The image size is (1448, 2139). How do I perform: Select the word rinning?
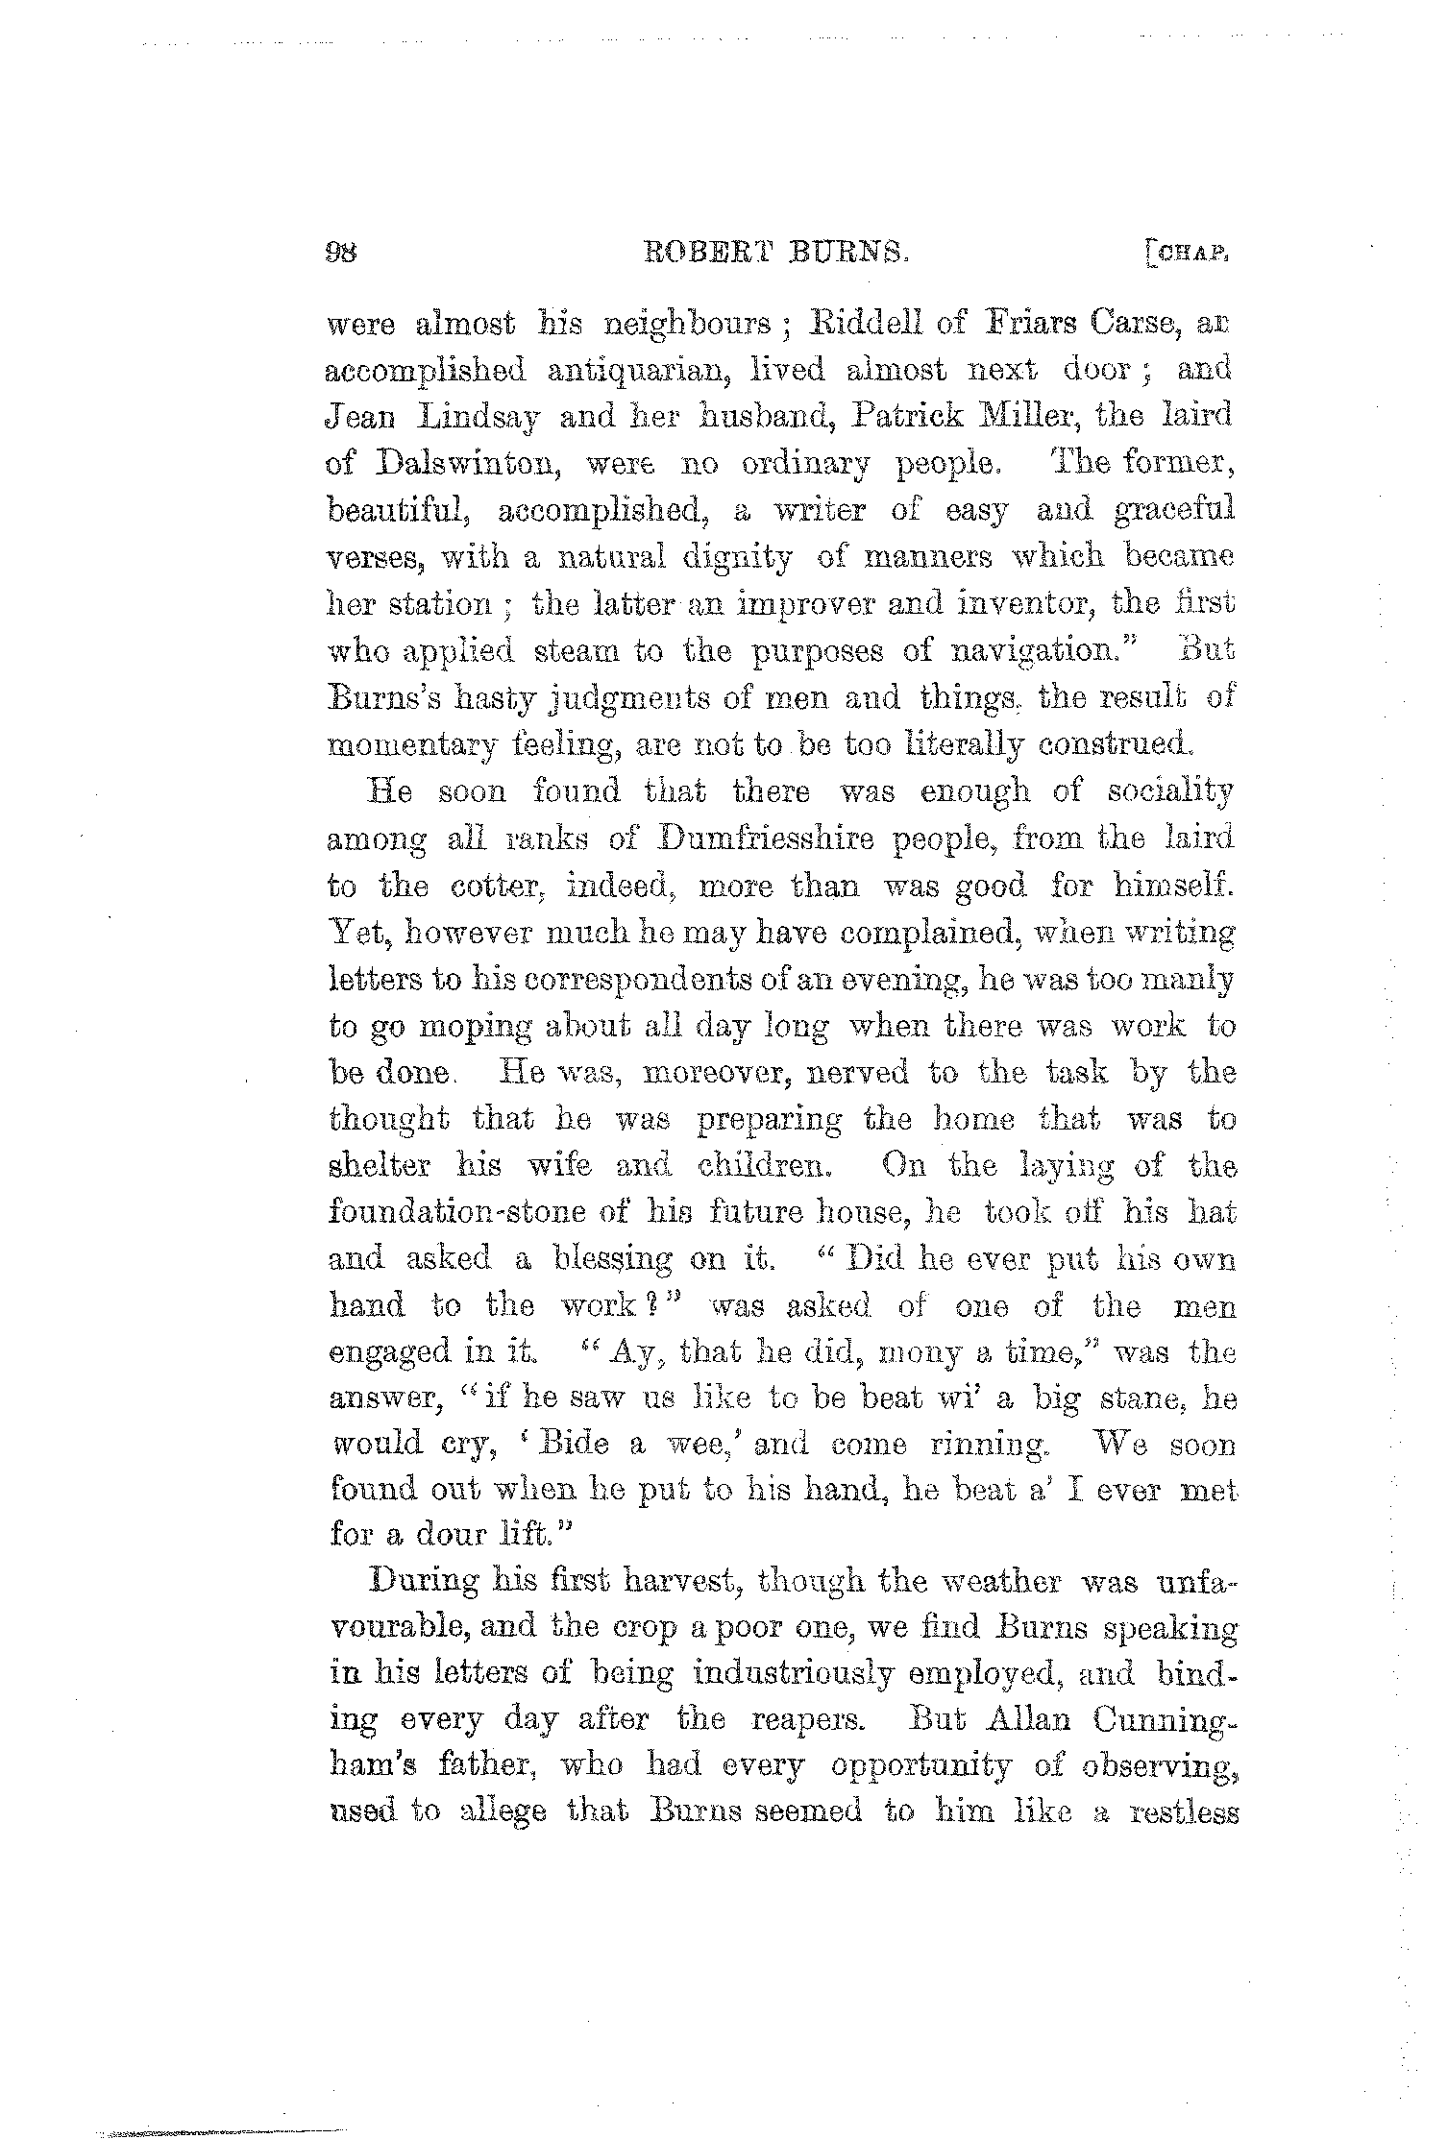pos(999,1446)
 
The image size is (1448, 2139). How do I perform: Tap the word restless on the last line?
pos(1183,1814)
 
